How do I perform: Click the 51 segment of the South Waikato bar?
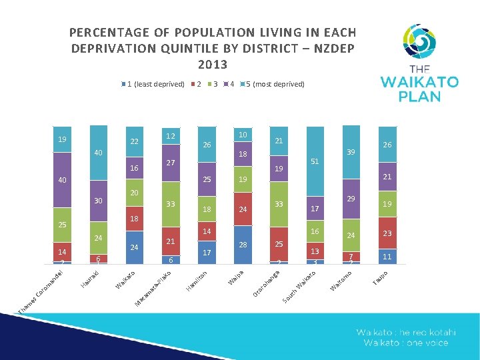(315, 161)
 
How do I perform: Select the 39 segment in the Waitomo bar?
(351, 153)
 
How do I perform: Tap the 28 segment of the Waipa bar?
(243, 245)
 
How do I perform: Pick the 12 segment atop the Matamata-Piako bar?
(171, 137)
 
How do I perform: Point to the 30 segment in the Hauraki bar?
(98, 201)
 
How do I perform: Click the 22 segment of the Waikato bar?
(134, 141)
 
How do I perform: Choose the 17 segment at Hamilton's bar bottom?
(207, 253)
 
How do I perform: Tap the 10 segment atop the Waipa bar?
(243, 135)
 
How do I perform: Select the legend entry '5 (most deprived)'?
(275, 85)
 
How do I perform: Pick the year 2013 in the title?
(213, 65)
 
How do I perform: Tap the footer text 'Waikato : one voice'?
(406, 343)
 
